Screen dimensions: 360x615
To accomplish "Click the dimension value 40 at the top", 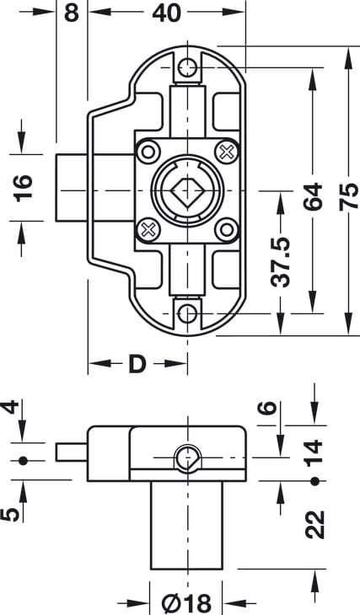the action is [166, 13].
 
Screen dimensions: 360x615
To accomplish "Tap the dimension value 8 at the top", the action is [72, 13].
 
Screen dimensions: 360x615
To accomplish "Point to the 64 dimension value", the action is [313, 196].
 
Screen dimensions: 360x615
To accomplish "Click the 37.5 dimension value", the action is [281, 262].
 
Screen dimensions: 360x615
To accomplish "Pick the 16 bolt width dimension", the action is [23, 188].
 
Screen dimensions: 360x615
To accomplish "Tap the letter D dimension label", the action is [137, 365].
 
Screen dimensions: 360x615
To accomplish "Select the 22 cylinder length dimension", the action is [314, 524].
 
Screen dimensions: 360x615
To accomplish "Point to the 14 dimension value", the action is [314, 454].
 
